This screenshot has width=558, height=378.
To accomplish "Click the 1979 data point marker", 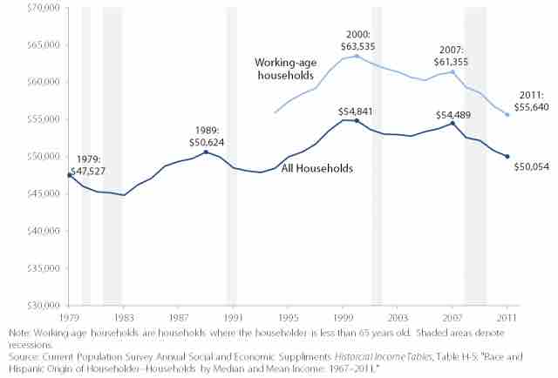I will click(x=70, y=175).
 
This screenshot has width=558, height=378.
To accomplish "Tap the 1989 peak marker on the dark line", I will click(x=206, y=152).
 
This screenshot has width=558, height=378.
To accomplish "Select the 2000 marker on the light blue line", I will click(x=357, y=56).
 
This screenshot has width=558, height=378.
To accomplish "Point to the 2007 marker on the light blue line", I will click(x=453, y=72).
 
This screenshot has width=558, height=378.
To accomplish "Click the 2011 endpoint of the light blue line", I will click(x=507, y=115).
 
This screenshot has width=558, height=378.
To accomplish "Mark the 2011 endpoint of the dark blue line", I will click(x=507, y=157).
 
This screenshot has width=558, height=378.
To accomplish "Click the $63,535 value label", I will click(x=357, y=42).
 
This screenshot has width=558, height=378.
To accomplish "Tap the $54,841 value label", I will click(x=357, y=111).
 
